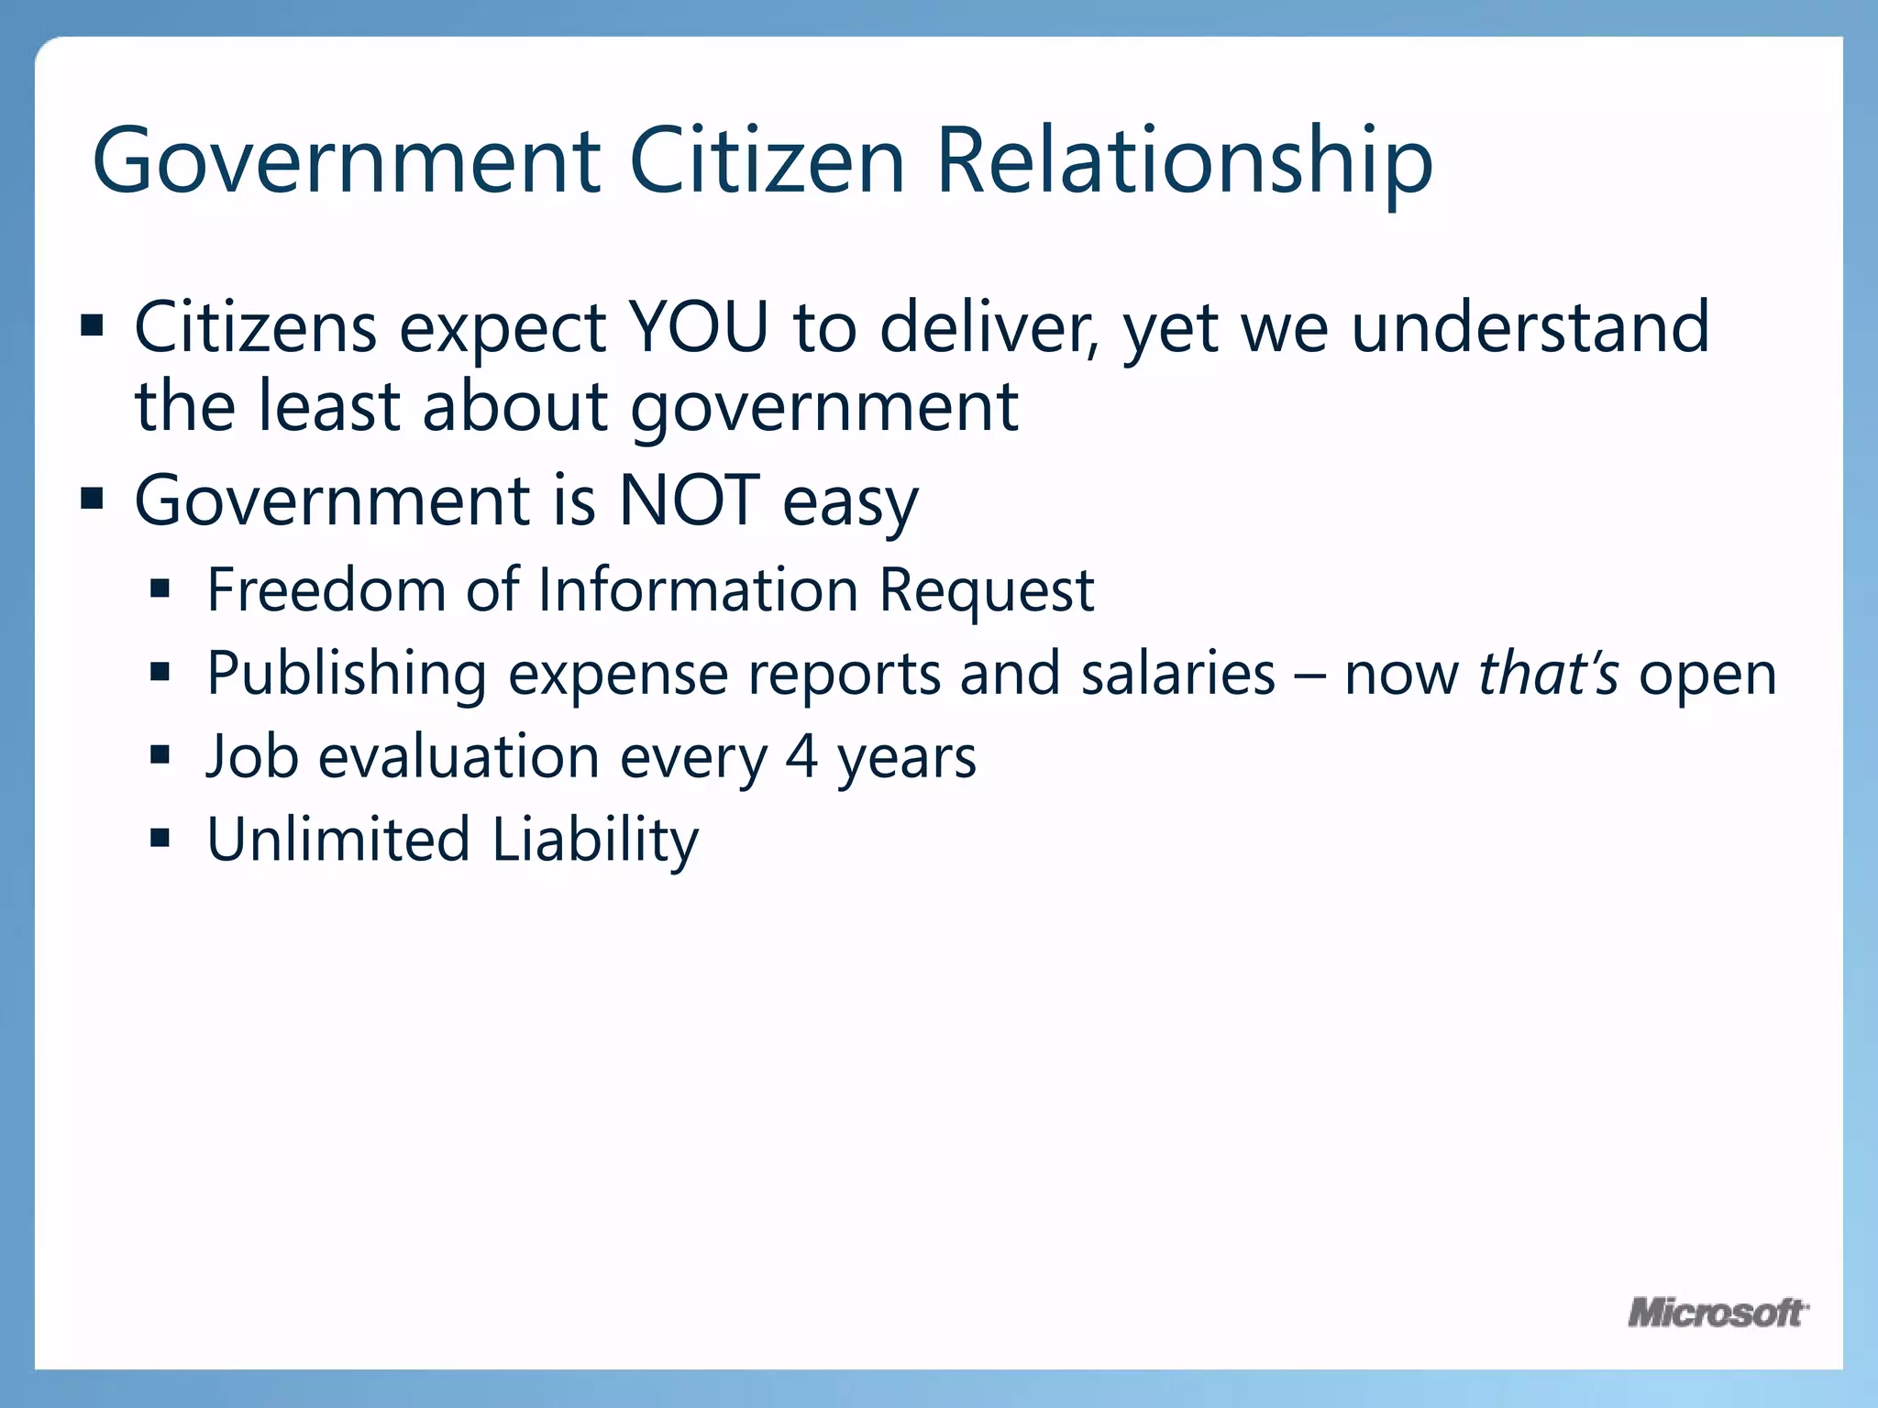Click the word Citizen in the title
[767, 160]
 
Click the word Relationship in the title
[1184, 160]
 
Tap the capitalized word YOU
[698, 327]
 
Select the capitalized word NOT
[689, 500]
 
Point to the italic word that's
[1548, 674]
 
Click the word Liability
[595, 840]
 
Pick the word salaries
[1177, 674]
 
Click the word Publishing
[346, 674]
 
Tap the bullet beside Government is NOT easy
[93, 500]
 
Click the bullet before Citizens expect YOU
[93, 325]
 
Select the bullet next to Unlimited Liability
[160, 838]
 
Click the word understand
[1530, 327]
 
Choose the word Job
[252, 757]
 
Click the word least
[328, 406]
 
